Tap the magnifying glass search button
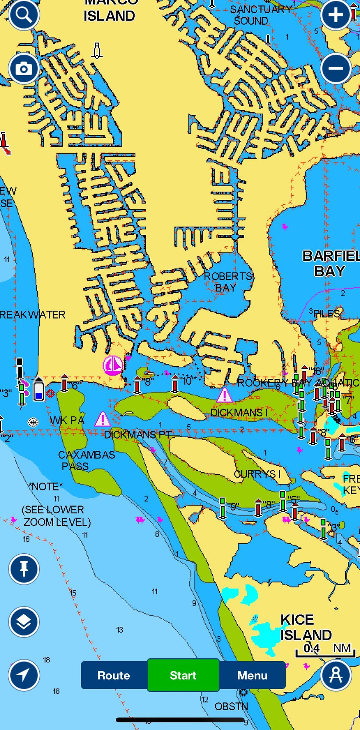pos(24,15)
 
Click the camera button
pos(24,69)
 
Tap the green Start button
pos(183,675)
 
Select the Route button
pos(114,675)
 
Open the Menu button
pos(252,675)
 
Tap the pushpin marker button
pos(24,569)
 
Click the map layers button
pos(24,622)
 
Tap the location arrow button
pos(24,675)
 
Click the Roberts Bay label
pos(228,282)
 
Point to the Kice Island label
pos(306,627)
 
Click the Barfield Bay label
pos(330,263)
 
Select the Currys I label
pos(257,474)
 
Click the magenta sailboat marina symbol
pos(112,365)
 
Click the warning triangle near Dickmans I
pos(224,396)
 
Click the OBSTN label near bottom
pos(231,706)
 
